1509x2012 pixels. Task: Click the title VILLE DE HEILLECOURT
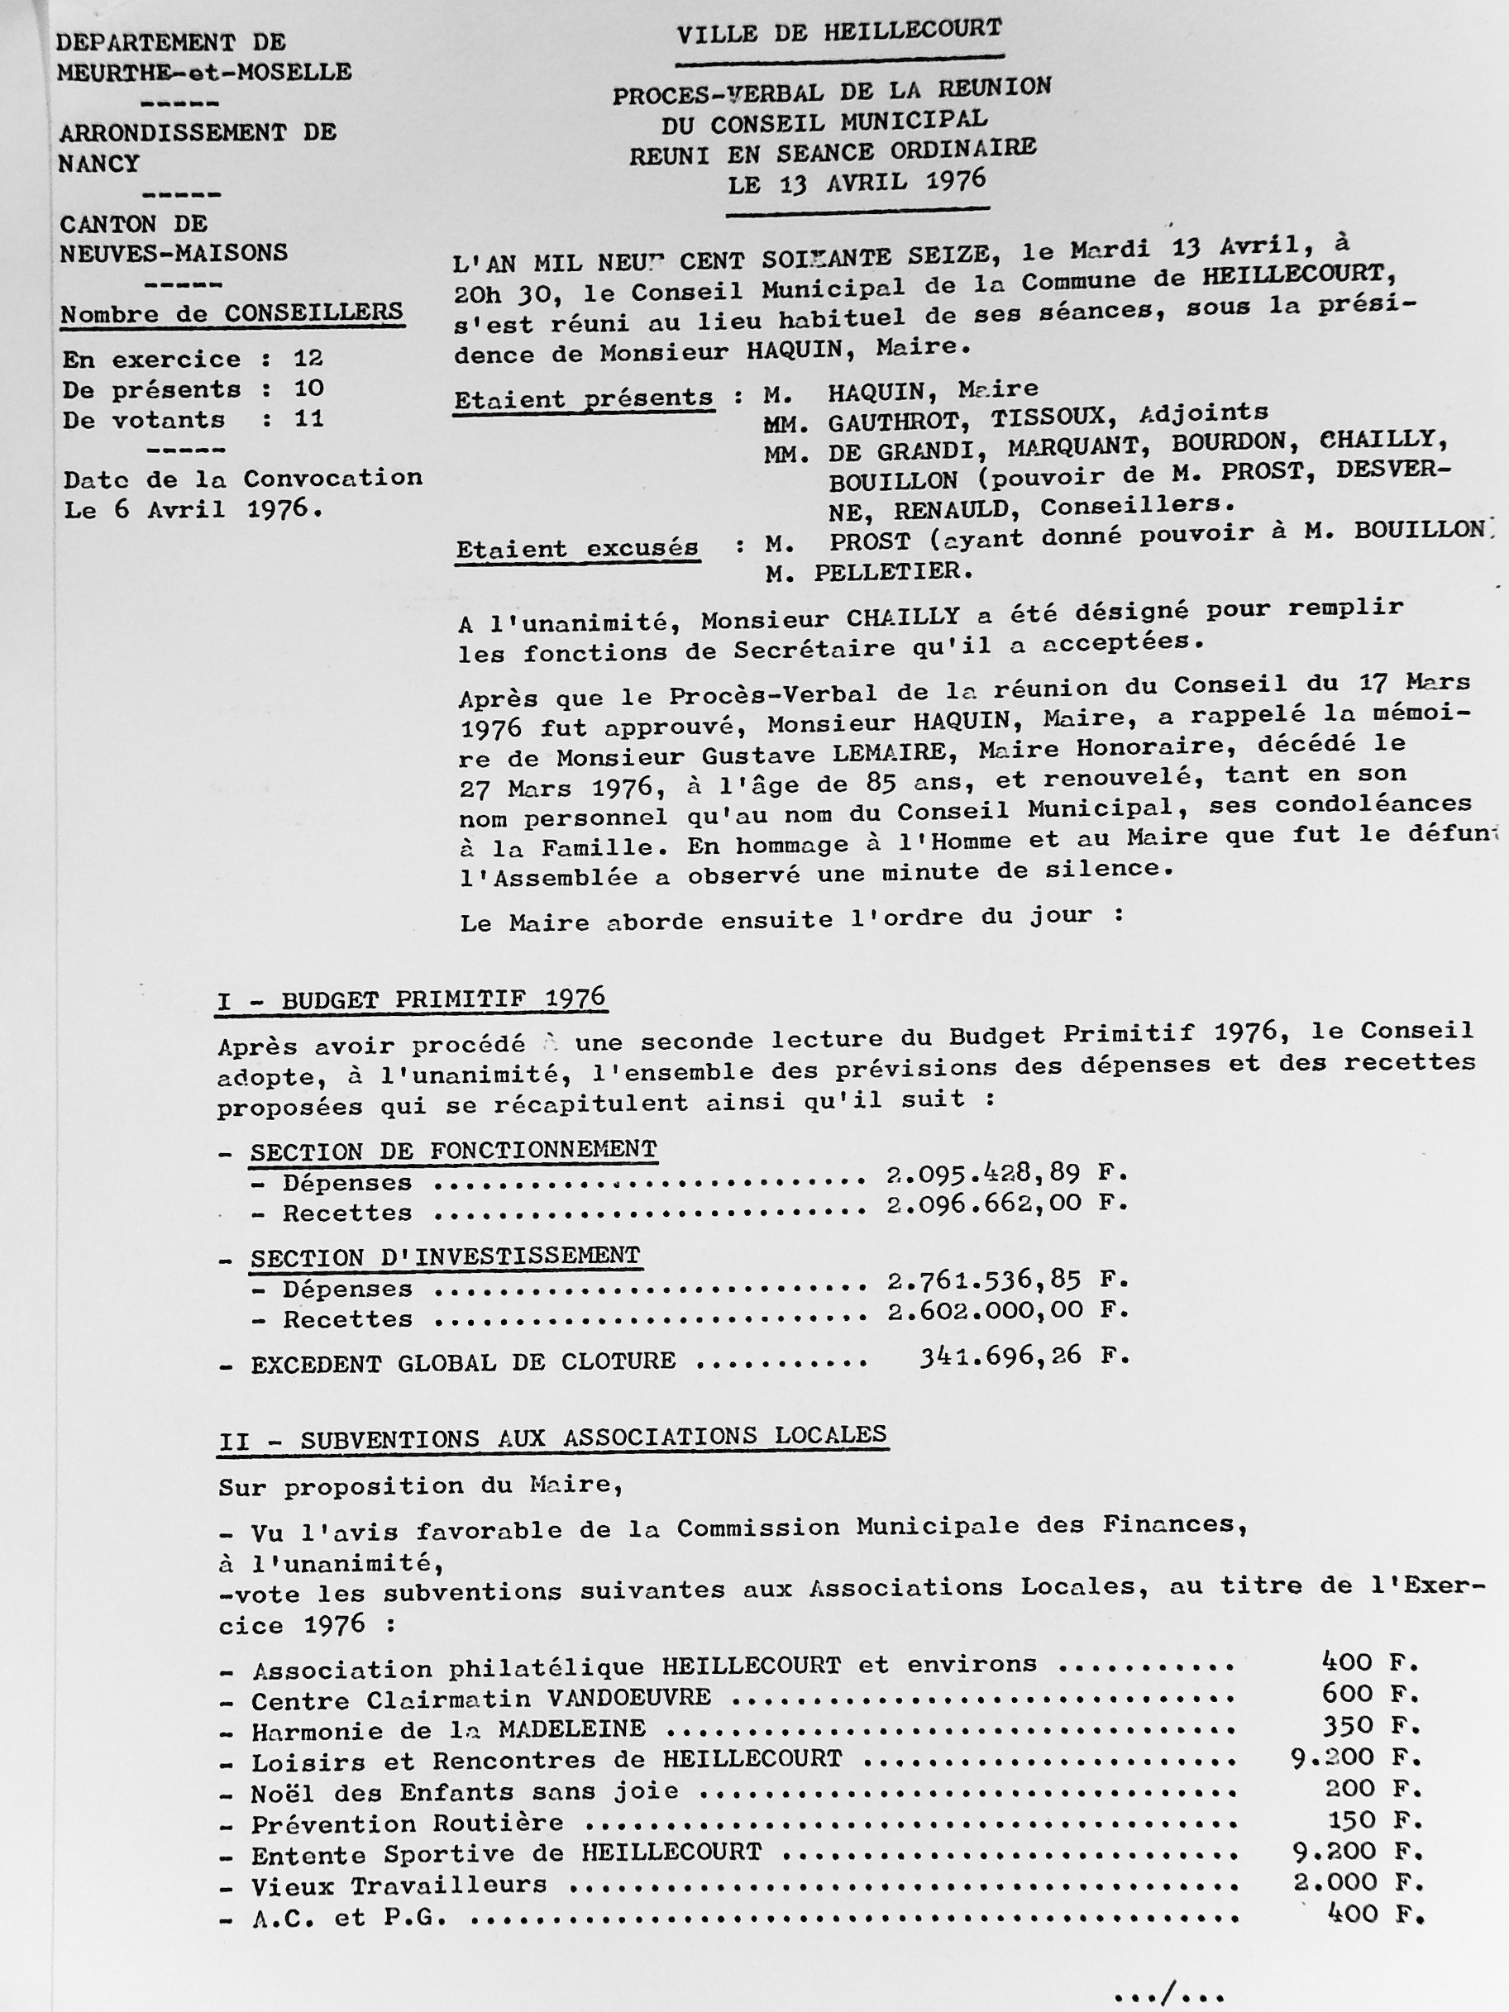[838, 32]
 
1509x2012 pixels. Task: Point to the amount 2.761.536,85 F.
[1006, 1280]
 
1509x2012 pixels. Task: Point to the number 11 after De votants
[308, 418]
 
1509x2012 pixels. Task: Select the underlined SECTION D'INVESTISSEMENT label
[445, 1256]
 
